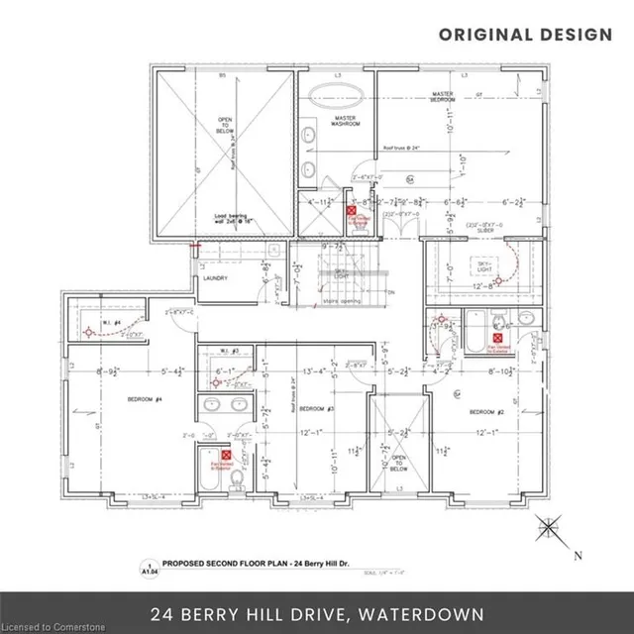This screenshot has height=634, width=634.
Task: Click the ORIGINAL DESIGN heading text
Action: tap(525, 34)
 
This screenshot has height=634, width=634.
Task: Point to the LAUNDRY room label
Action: tap(215, 278)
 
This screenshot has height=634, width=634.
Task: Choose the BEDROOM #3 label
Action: tap(318, 409)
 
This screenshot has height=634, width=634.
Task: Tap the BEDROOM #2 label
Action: tap(487, 411)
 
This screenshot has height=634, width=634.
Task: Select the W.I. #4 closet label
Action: tap(117, 323)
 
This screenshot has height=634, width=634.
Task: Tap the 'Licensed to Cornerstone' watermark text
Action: tap(52, 626)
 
